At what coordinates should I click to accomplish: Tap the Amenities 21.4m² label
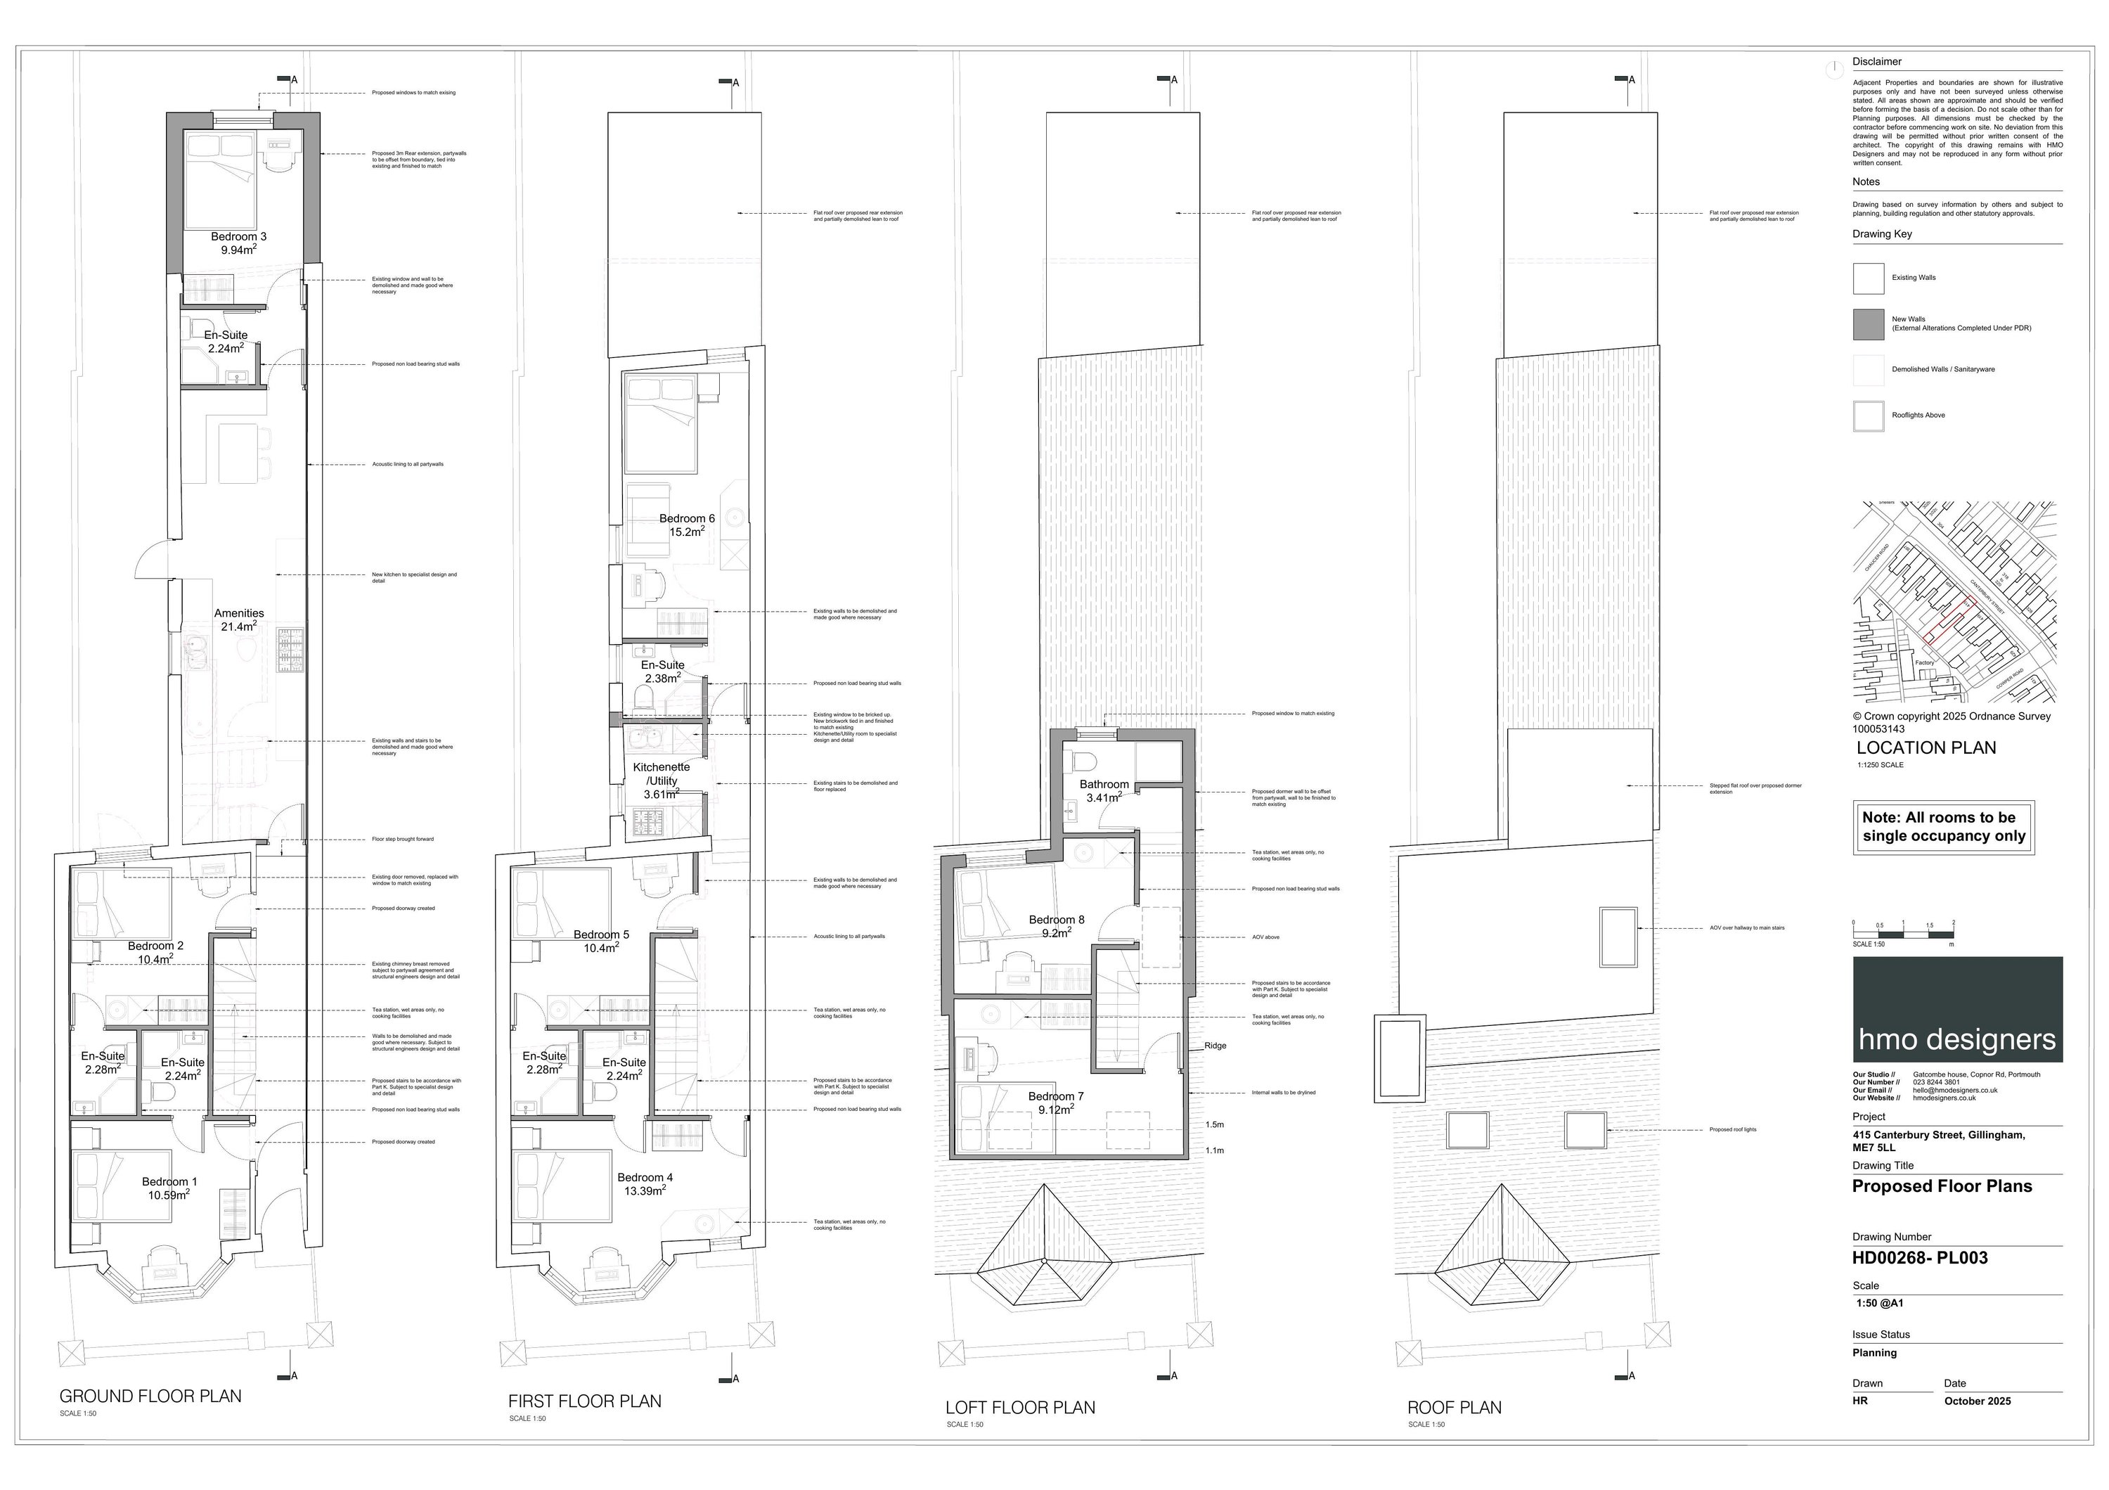239,620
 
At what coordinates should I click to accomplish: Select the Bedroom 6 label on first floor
686,525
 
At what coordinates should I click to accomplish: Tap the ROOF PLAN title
1454,1407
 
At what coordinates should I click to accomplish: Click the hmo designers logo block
1957,1010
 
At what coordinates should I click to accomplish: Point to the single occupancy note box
1943,827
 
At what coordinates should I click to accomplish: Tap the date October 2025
1977,1401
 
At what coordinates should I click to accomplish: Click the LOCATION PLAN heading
1926,747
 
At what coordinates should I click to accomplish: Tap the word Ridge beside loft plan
1215,1046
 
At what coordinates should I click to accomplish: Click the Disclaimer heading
1876,62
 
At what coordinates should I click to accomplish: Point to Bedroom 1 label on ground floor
169,1188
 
